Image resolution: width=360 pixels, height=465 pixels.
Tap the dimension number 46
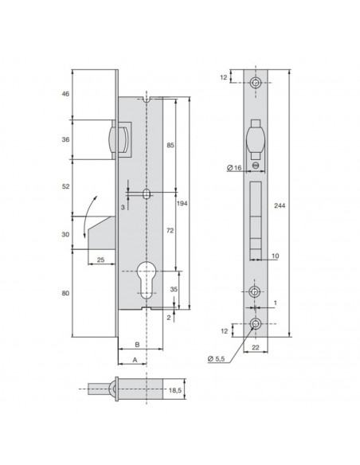click(65, 94)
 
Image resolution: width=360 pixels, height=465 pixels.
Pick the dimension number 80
click(65, 294)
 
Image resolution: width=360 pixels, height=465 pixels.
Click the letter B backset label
click(136, 345)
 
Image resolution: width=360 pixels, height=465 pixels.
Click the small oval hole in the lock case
click(147, 194)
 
